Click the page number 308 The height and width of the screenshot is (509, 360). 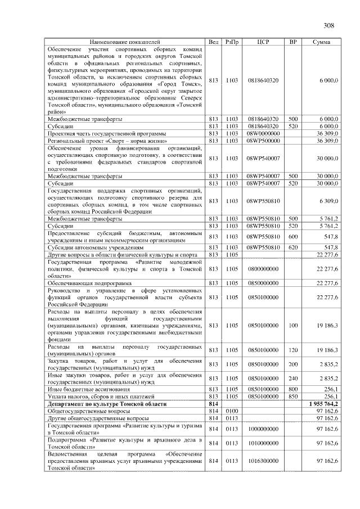330,25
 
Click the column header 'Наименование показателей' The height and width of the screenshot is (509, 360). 125,42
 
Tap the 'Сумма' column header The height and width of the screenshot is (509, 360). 321,42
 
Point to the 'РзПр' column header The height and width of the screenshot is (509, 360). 232,42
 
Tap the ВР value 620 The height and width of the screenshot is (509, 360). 292,247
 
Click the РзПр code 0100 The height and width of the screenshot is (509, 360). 232,411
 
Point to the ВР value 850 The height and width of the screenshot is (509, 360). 292,397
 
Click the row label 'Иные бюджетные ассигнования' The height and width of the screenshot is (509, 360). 88,389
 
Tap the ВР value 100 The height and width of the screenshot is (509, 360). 292,325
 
